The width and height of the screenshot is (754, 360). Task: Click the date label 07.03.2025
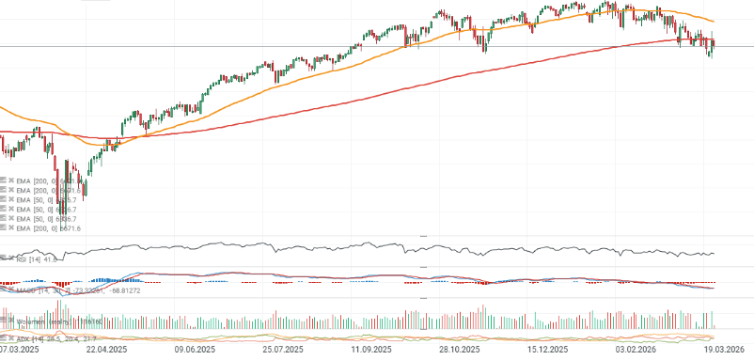click(x=19, y=349)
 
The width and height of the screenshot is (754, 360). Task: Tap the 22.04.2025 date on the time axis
click(x=106, y=349)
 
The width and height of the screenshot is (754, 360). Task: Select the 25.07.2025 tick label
click(x=282, y=349)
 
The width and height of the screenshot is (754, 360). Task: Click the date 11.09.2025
click(x=372, y=349)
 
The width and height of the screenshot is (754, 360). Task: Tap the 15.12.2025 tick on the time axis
click(x=547, y=349)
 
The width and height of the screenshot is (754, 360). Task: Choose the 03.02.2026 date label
click(x=636, y=349)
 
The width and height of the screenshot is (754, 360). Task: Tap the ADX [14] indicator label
click(x=28, y=338)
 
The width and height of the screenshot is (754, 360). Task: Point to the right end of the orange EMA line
click(x=714, y=22)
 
